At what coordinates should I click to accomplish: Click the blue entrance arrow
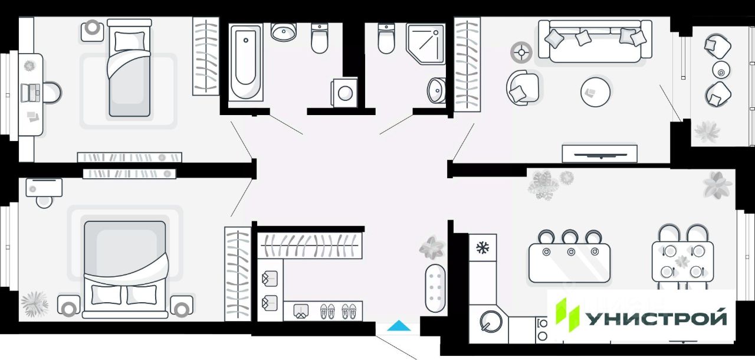[399, 326]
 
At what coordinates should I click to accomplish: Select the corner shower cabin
[425, 42]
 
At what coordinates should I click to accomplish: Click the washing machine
[344, 92]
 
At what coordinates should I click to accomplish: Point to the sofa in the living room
[594, 41]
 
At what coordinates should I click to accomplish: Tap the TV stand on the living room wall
[599, 153]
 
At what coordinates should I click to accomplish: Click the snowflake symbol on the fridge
[482, 247]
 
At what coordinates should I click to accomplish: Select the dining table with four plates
[682, 264]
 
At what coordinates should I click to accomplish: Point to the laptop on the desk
[30, 93]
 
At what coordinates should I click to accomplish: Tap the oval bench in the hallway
[436, 289]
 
